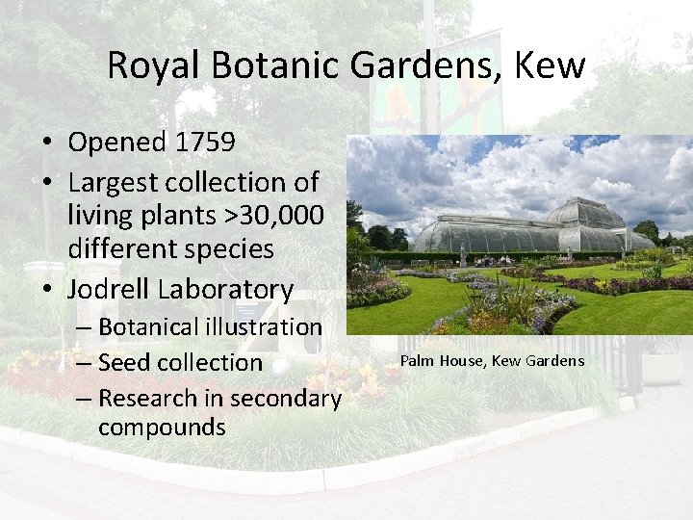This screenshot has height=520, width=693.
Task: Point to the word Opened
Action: click(116, 143)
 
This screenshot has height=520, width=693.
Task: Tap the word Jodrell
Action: click(109, 289)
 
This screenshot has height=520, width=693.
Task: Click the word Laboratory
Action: click(225, 289)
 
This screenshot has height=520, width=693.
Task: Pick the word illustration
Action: click(278, 327)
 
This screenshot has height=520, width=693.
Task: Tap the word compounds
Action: click(162, 427)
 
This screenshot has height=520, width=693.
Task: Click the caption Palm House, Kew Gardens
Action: click(492, 360)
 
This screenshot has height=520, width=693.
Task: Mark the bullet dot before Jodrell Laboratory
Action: click(46, 290)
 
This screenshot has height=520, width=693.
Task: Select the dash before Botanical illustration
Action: click(82, 327)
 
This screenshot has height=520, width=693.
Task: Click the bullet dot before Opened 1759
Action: click(46, 143)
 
